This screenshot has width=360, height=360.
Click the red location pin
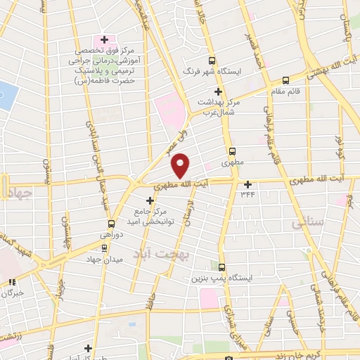tap(181, 165)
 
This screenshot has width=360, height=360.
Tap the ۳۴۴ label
tap(247, 193)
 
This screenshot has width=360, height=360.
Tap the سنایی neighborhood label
tap(307, 224)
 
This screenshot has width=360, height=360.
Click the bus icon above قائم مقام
tap(285, 80)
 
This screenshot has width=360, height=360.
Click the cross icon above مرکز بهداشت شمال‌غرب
tap(219, 91)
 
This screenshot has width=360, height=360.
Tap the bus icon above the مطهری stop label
tap(231, 150)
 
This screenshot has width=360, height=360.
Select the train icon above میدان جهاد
tap(104, 247)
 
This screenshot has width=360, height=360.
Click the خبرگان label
tap(14, 292)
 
